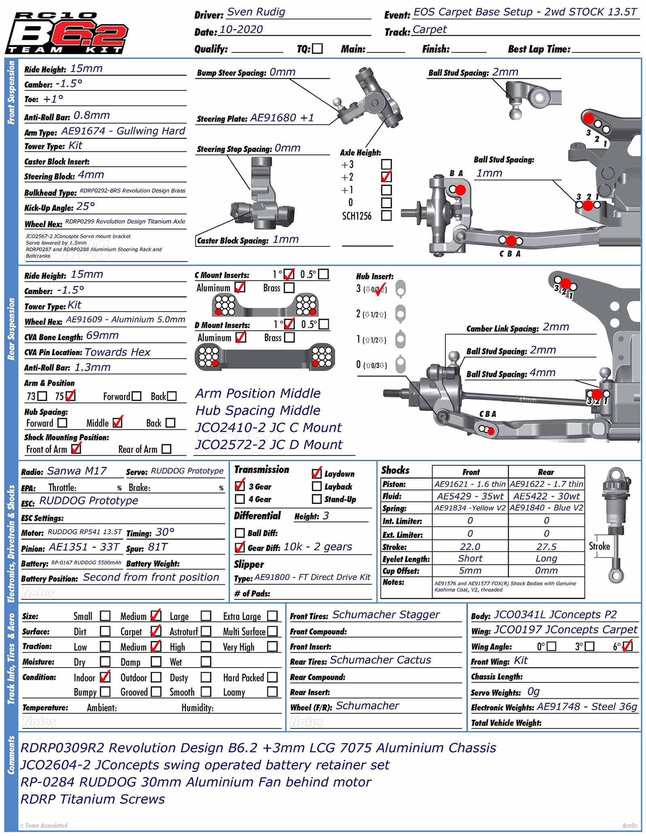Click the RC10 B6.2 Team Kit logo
pos(67,33)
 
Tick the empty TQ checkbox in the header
pos(318,48)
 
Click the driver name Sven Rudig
pos(256,12)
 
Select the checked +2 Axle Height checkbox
pos(386,177)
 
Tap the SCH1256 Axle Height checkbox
pos(386,216)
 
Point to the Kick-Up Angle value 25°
pos(86,206)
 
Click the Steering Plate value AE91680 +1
pos(282,118)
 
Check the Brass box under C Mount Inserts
pos(289,288)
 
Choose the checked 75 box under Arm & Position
pos(70,396)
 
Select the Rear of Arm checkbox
pos(166,449)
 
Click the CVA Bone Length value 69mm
pos(102,336)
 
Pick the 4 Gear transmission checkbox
pos(240,499)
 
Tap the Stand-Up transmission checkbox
pos(317,499)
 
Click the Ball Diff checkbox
pos(240,533)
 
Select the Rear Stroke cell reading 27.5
pos(546,547)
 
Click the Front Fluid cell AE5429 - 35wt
pos(470,496)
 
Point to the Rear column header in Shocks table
pos(546,472)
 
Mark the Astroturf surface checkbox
pos(206,631)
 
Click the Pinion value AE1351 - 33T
pos(84,547)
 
